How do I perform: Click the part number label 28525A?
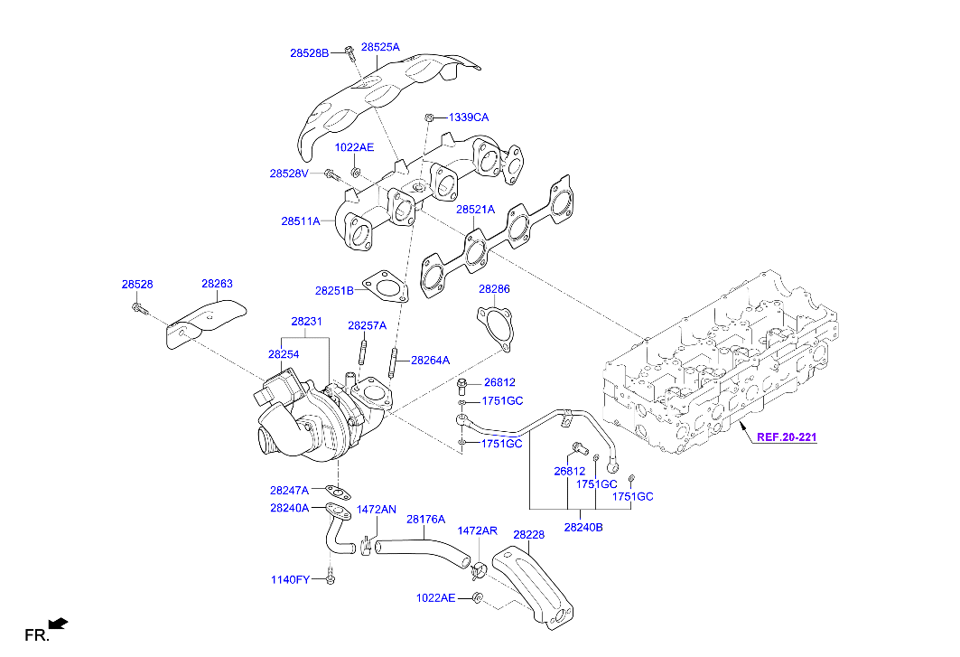pyautogui.click(x=380, y=46)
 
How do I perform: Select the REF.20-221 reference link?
pyautogui.click(x=786, y=437)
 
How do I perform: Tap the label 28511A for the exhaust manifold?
pyautogui.click(x=301, y=221)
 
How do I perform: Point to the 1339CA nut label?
pyautogui.click(x=469, y=117)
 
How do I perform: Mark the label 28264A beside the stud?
pyautogui.click(x=430, y=360)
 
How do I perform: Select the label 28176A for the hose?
pyautogui.click(x=425, y=520)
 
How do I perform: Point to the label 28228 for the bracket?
pyautogui.click(x=528, y=535)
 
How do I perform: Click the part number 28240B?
pyautogui.click(x=583, y=526)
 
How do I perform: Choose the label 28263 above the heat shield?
pyautogui.click(x=217, y=284)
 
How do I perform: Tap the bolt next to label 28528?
pyautogui.click(x=137, y=309)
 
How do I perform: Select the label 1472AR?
pyautogui.click(x=477, y=530)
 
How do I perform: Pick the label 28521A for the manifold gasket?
pyautogui.click(x=475, y=210)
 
